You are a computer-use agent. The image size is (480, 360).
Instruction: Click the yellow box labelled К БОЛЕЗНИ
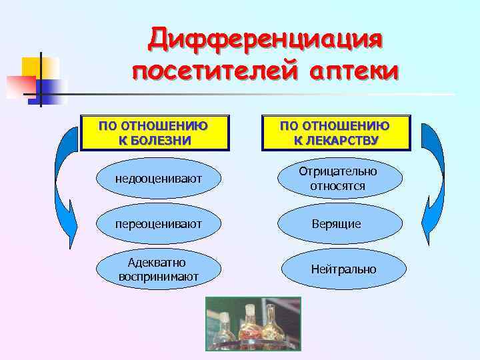coord(154,133)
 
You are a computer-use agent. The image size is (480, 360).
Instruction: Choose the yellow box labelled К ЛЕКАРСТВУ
coord(335,133)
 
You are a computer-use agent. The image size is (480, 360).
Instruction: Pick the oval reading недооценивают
coord(158,178)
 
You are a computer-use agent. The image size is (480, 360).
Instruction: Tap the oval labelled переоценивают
coord(158,223)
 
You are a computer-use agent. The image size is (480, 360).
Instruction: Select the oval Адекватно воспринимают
coord(158,269)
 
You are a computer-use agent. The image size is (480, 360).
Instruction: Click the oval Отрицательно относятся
coord(340,178)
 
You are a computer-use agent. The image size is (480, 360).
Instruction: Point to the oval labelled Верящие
coord(340,223)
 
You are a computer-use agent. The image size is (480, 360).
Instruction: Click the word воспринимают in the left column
coord(158,276)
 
